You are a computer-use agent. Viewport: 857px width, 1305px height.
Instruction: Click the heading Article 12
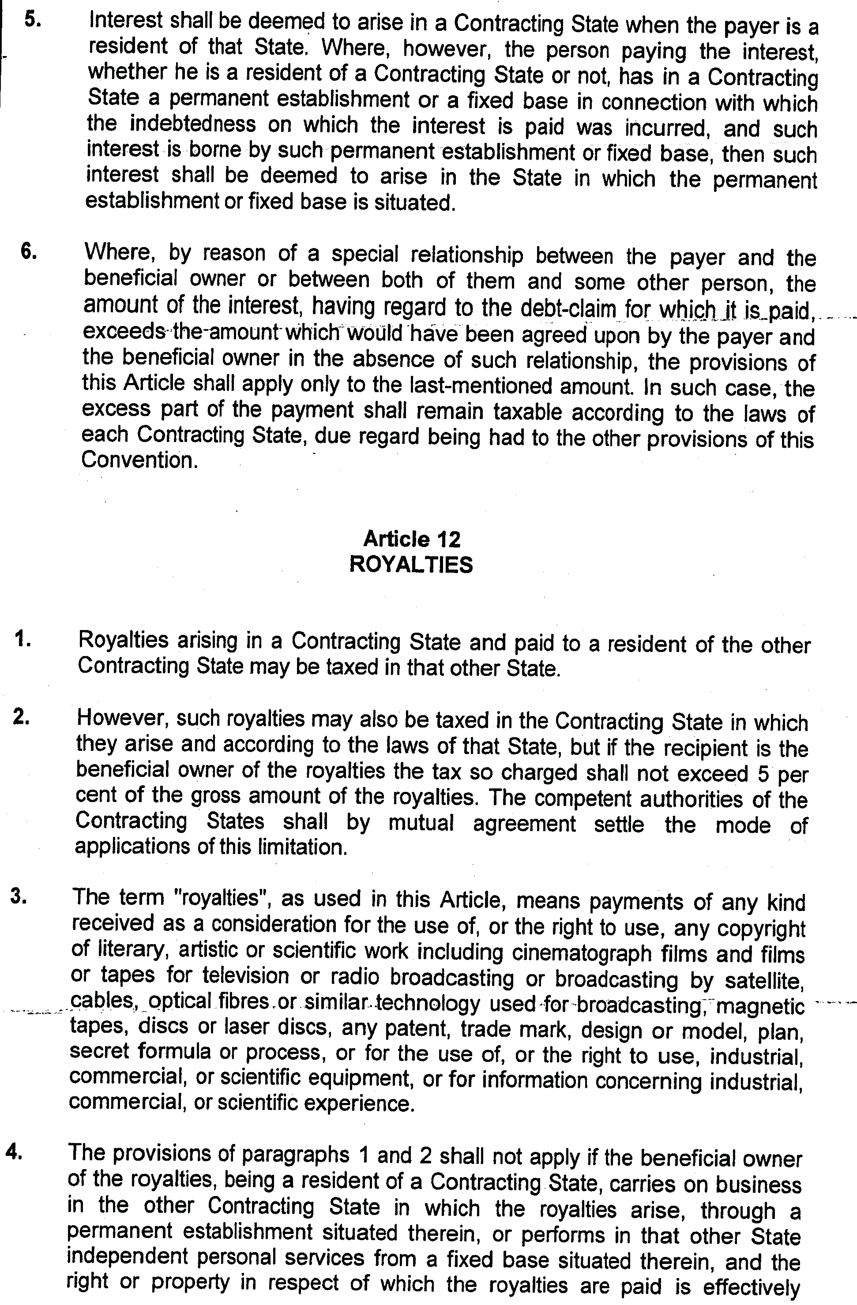click(x=411, y=539)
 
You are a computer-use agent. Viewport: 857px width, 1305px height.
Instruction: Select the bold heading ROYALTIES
click(x=411, y=565)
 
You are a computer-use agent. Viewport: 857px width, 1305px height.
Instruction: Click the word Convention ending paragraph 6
click(x=139, y=461)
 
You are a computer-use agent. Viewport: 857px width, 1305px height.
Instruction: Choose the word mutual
click(x=421, y=824)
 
